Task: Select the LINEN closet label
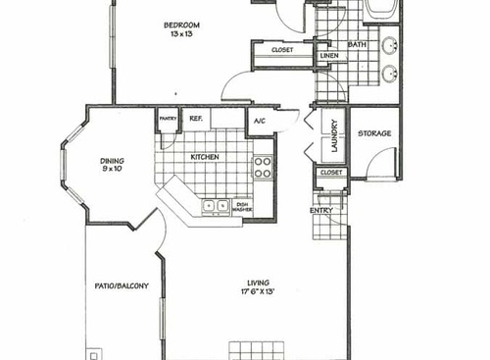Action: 328,56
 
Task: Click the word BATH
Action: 357,44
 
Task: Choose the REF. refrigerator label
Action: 195,118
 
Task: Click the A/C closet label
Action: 260,121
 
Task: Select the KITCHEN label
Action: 204,157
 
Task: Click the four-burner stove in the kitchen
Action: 263,167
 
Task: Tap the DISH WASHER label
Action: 242,207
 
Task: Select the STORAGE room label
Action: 374,133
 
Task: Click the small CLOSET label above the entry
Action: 330,173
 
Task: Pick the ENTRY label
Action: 320,211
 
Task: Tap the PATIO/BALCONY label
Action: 122,286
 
